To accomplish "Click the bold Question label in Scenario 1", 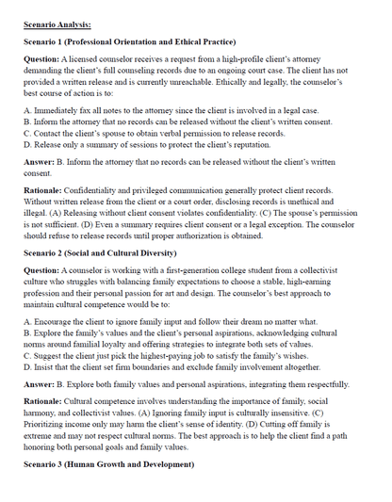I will (43, 59).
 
